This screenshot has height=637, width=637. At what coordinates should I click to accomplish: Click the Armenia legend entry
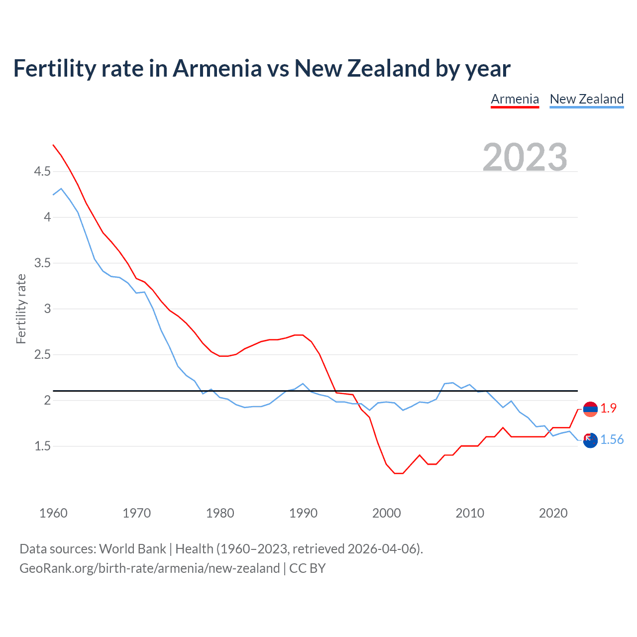(515, 99)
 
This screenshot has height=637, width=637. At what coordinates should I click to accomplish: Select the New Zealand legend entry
(586, 99)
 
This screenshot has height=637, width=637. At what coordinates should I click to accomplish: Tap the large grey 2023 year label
(525, 157)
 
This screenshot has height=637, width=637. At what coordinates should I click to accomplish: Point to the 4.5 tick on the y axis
(42, 172)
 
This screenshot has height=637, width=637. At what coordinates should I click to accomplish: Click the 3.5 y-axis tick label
(42, 263)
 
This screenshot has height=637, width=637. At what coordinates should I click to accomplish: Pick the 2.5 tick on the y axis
(42, 355)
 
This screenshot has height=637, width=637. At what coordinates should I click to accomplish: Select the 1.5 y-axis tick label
(42, 446)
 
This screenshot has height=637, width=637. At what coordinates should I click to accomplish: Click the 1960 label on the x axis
(53, 513)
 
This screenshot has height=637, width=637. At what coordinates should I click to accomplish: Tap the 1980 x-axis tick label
(220, 513)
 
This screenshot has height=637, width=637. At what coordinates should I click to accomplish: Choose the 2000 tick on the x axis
(387, 513)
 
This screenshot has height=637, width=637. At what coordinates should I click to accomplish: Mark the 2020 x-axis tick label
(553, 513)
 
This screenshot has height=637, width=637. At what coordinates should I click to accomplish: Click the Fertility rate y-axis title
(21, 309)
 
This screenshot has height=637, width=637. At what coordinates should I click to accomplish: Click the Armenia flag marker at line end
(590, 409)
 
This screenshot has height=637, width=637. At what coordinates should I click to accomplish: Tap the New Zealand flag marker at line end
(590, 440)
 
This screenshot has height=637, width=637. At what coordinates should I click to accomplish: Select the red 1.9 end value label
(608, 408)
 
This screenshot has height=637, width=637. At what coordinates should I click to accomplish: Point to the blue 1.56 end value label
(612, 439)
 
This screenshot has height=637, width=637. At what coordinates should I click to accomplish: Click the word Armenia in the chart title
(217, 68)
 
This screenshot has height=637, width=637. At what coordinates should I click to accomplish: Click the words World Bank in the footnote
(132, 549)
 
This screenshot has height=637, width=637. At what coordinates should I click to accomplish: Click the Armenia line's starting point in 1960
(53, 145)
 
